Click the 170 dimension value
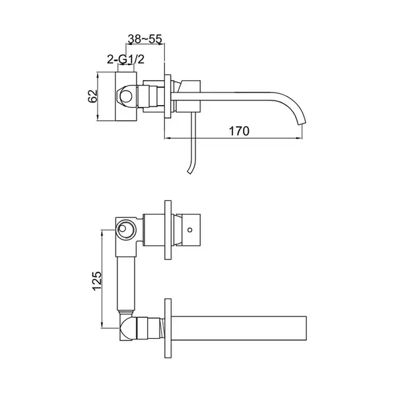tap(239, 131)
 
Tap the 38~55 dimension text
tap(145, 39)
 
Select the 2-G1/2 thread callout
tap(125, 60)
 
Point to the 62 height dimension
tap(93, 96)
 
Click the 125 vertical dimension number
tap(97, 281)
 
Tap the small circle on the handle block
tap(190, 229)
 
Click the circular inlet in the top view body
tap(126, 96)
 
